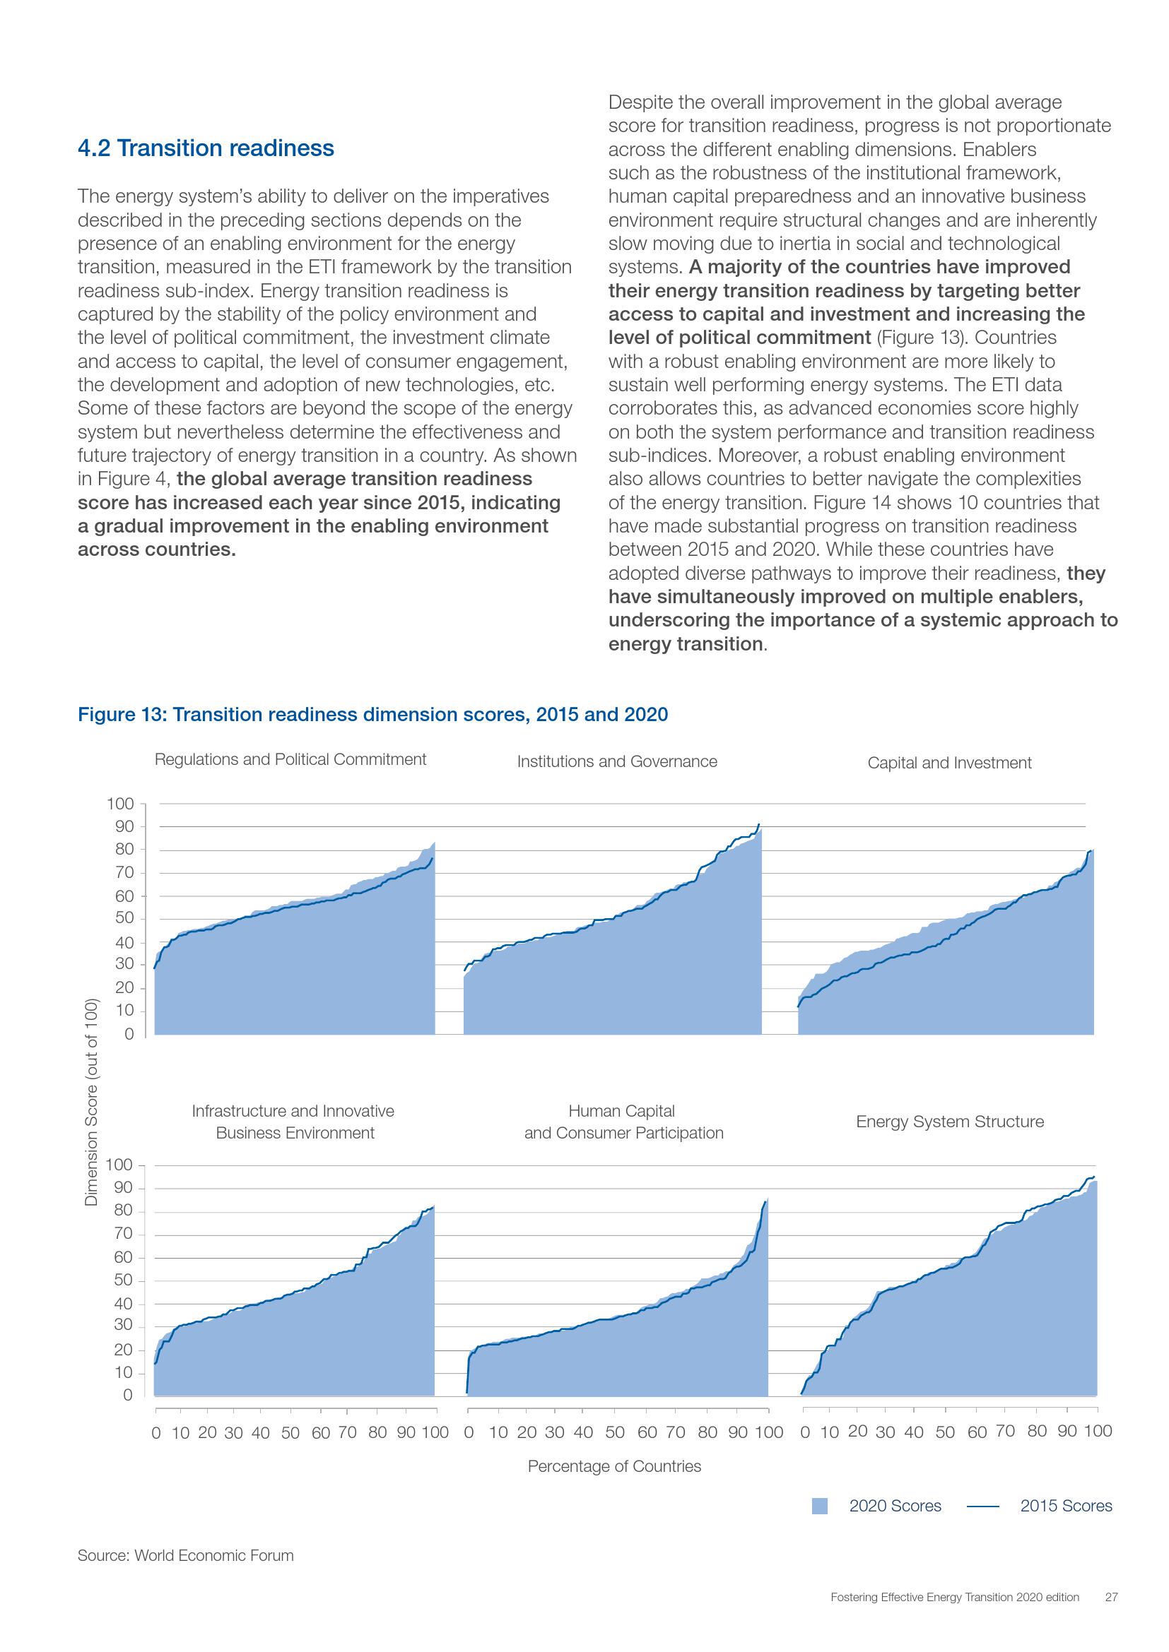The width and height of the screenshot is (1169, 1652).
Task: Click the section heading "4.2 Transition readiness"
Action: click(206, 148)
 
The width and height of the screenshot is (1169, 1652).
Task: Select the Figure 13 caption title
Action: click(373, 715)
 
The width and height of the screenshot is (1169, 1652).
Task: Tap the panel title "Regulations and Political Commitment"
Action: click(290, 760)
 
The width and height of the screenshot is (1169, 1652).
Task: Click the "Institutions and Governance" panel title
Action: click(617, 762)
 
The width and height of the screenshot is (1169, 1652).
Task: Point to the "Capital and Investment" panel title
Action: click(948, 763)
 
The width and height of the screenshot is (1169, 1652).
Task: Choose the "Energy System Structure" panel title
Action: click(949, 1122)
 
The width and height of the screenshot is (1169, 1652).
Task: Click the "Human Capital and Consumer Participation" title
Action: click(623, 1122)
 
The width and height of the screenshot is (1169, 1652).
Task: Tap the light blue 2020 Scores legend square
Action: click(819, 1506)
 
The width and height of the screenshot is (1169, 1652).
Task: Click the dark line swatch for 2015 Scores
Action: click(982, 1506)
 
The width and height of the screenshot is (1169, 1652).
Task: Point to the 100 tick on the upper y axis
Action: click(119, 804)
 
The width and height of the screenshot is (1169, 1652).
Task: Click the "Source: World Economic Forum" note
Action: click(186, 1555)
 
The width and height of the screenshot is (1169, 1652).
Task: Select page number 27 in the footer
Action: click(1111, 1598)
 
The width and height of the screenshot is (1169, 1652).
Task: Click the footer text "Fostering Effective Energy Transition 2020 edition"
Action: click(954, 1598)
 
